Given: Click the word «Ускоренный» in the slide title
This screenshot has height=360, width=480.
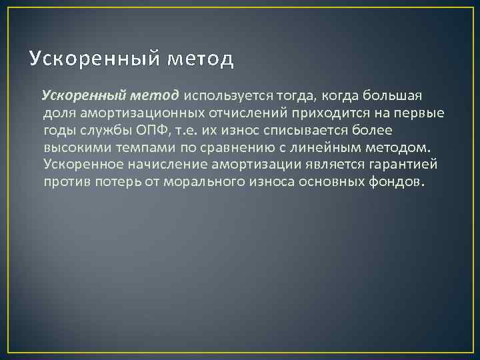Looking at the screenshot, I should click(x=93, y=59).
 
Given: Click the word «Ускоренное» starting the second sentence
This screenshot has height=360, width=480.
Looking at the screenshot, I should click(x=84, y=164).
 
